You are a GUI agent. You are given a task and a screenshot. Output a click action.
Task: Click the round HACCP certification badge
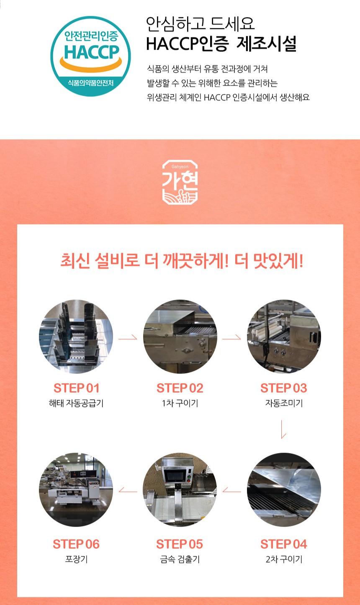coord(90,56)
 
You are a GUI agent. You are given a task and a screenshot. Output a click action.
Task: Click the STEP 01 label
coord(77,388)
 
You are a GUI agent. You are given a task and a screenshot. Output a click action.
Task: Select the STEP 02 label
coord(180,388)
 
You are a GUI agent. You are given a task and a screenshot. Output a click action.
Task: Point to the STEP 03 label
coord(284,388)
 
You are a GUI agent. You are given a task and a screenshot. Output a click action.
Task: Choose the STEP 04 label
coord(284,544)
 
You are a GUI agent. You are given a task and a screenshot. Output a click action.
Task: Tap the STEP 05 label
coord(180,544)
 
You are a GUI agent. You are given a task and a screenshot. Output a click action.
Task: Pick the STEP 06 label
coord(76,544)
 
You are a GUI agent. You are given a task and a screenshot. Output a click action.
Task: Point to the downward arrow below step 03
coord(282,429)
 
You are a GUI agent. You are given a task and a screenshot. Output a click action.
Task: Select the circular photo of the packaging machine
coord(76,490)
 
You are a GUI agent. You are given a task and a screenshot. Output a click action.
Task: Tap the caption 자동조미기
coord(284,403)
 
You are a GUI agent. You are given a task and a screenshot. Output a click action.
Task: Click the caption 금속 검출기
coord(180,559)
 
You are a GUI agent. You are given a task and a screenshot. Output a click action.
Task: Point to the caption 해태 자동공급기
coord(76,403)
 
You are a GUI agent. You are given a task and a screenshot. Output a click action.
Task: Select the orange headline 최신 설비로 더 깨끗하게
coord(144,261)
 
